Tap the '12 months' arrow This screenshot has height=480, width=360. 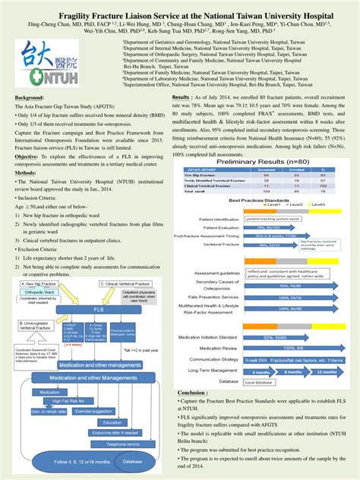324,372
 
